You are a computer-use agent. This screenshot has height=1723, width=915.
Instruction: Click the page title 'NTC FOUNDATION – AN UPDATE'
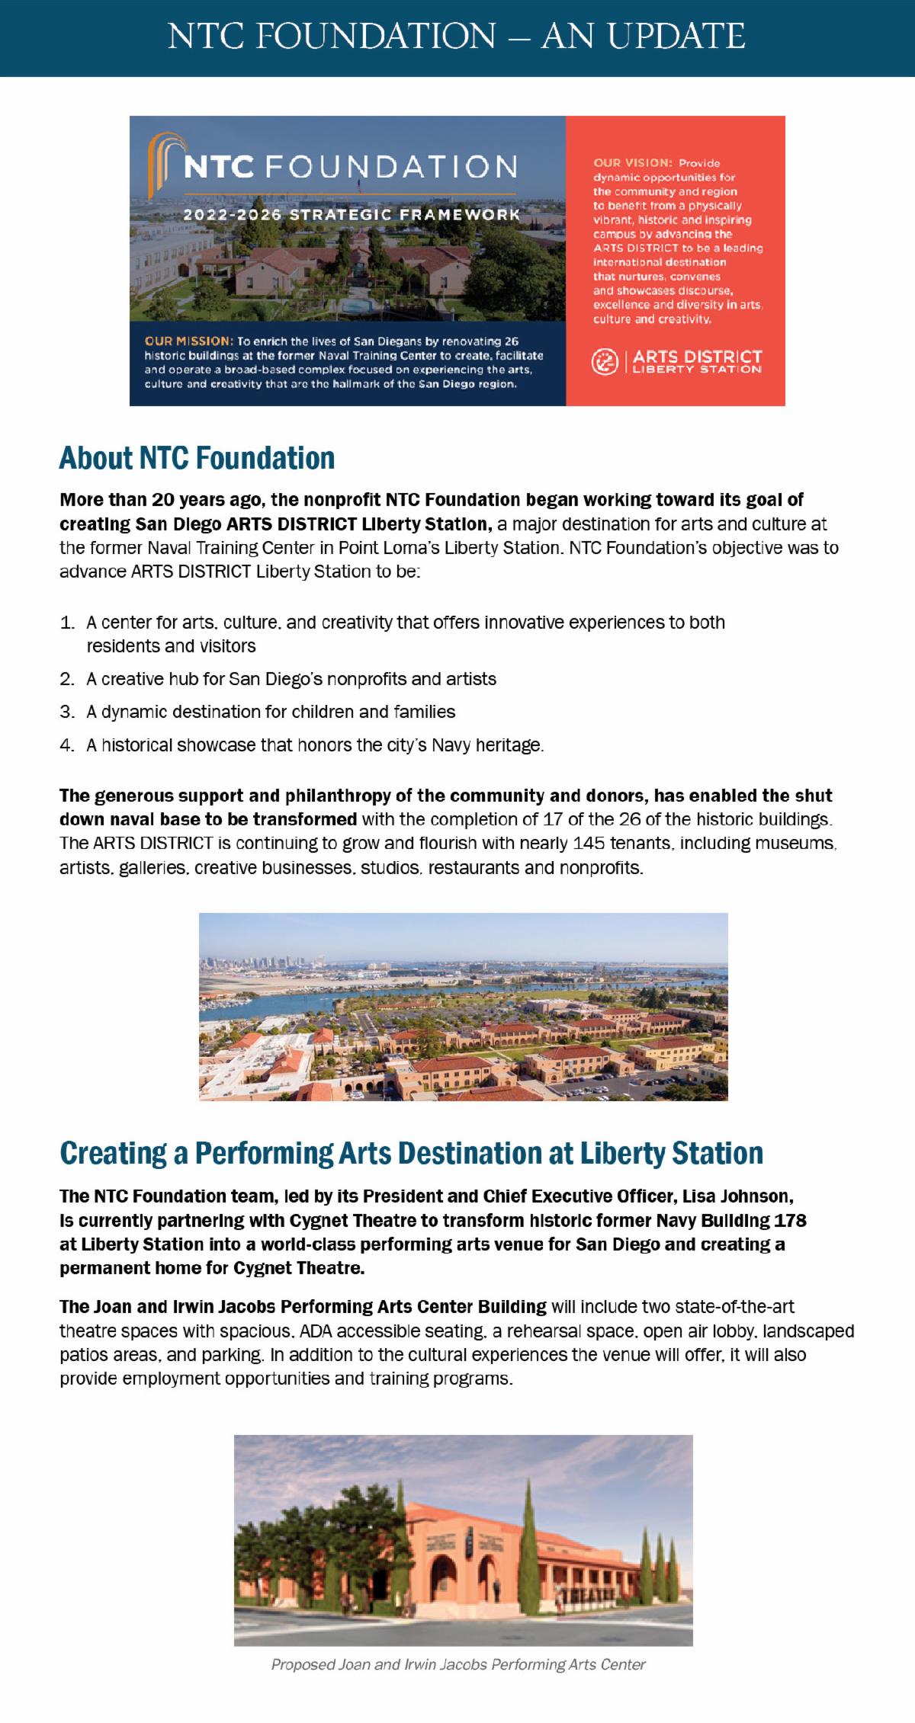(457, 36)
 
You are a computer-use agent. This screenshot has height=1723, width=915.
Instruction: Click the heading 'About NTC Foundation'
(197, 458)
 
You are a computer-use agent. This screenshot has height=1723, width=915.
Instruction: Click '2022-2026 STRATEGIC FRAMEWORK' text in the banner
(351, 215)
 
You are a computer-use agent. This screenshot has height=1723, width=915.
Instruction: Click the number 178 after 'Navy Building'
(790, 1220)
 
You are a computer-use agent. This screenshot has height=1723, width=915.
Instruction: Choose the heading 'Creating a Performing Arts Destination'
(411, 1153)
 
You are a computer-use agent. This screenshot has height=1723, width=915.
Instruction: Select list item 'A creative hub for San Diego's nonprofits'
(291, 678)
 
